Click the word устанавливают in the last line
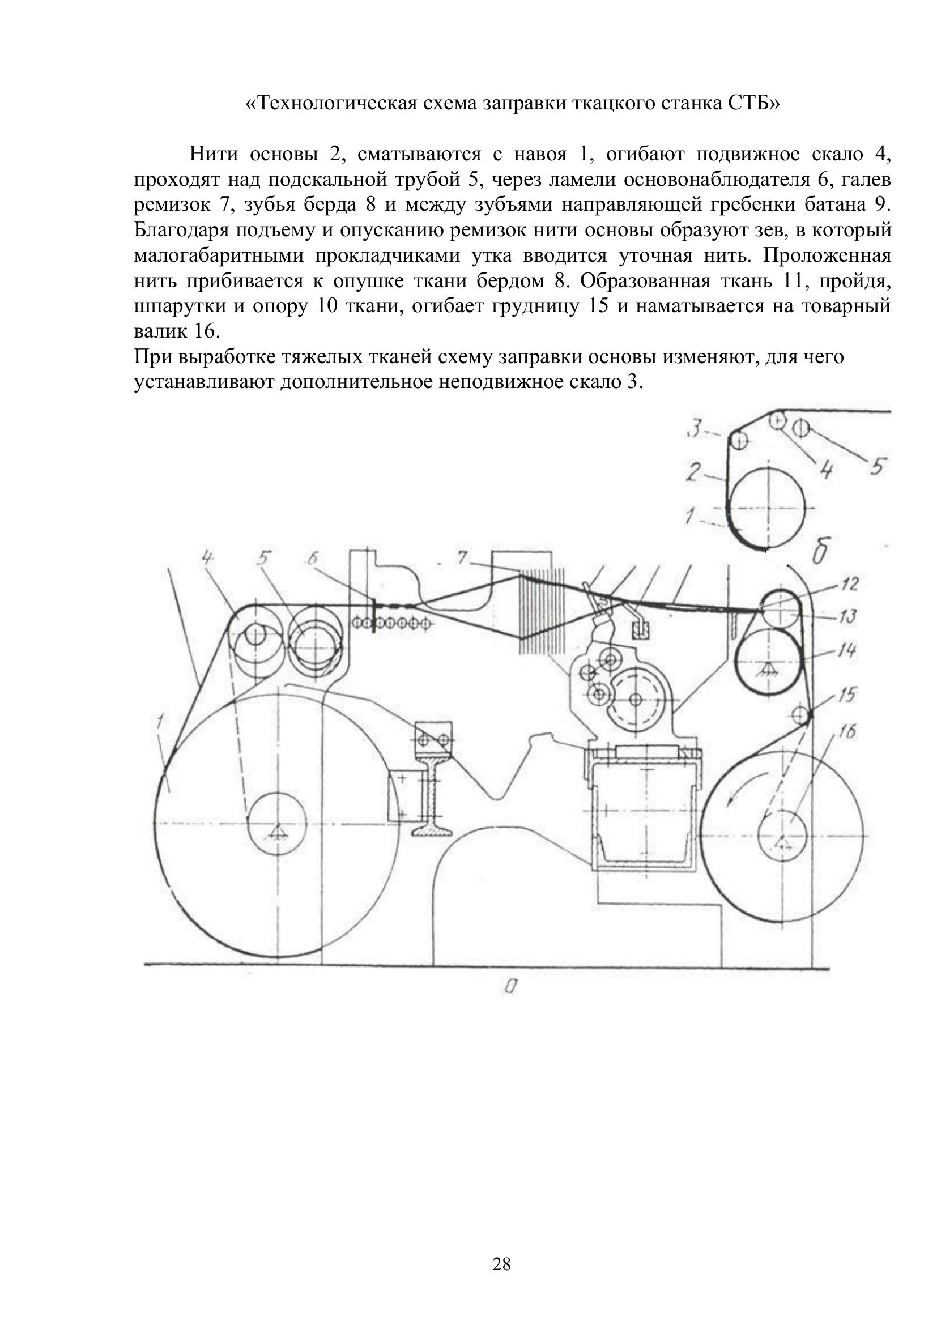tap(205, 382)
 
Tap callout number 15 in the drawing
tap(847, 695)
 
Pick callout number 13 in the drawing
tap(847, 617)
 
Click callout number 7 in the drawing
tap(462, 558)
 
